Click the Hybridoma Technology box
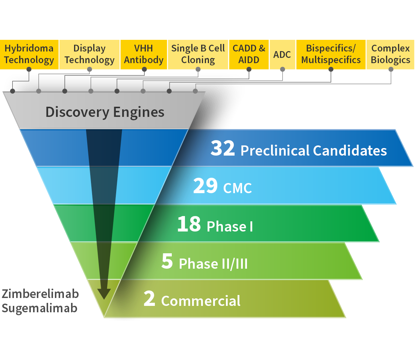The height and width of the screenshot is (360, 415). click(29, 54)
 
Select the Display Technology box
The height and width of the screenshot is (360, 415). click(89, 54)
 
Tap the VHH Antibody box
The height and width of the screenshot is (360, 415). click(144, 54)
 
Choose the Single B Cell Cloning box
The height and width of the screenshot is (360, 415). click(198, 54)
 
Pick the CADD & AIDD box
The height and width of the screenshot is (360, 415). click(249, 54)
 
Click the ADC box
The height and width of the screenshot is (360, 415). click(282, 54)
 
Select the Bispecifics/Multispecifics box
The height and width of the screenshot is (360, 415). click(331, 54)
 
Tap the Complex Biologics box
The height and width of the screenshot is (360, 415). click(391, 54)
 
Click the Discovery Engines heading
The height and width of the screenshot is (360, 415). click(105, 112)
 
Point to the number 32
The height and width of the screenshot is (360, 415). click(223, 148)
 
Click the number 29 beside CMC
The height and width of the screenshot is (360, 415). click(205, 186)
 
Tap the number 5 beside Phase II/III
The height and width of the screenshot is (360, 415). click(167, 262)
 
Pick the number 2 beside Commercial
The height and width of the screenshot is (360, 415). click(149, 299)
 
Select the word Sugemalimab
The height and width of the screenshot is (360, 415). click(39, 308)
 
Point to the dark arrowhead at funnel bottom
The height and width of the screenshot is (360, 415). click(104, 293)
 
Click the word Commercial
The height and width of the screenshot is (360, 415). click(201, 301)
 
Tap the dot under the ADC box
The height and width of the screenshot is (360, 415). click(282, 69)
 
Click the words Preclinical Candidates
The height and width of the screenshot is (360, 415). click(314, 150)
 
